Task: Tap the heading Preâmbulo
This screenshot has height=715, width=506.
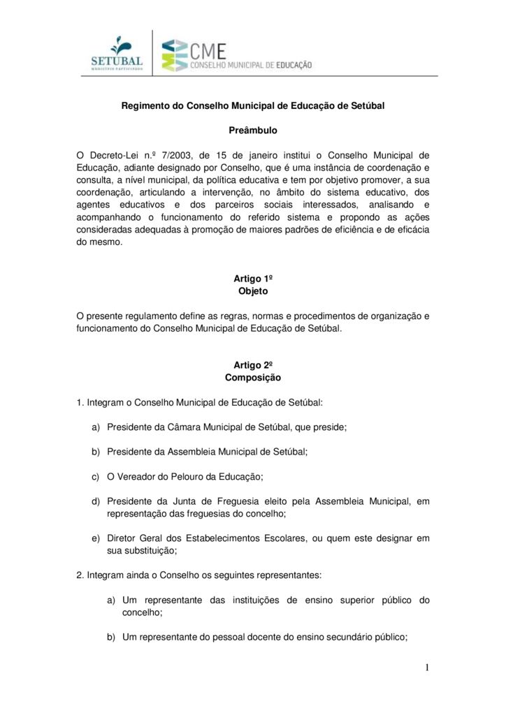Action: [253, 130]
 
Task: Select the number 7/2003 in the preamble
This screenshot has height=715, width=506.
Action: [171, 154]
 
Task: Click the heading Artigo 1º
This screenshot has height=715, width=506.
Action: [253, 279]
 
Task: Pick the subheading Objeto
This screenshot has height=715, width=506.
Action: [253, 291]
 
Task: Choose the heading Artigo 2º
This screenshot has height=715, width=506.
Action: [253, 365]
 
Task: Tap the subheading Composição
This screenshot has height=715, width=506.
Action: [253, 378]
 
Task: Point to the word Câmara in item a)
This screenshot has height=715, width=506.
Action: [183, 427]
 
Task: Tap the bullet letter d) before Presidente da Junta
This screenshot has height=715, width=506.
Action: [96, 501]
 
